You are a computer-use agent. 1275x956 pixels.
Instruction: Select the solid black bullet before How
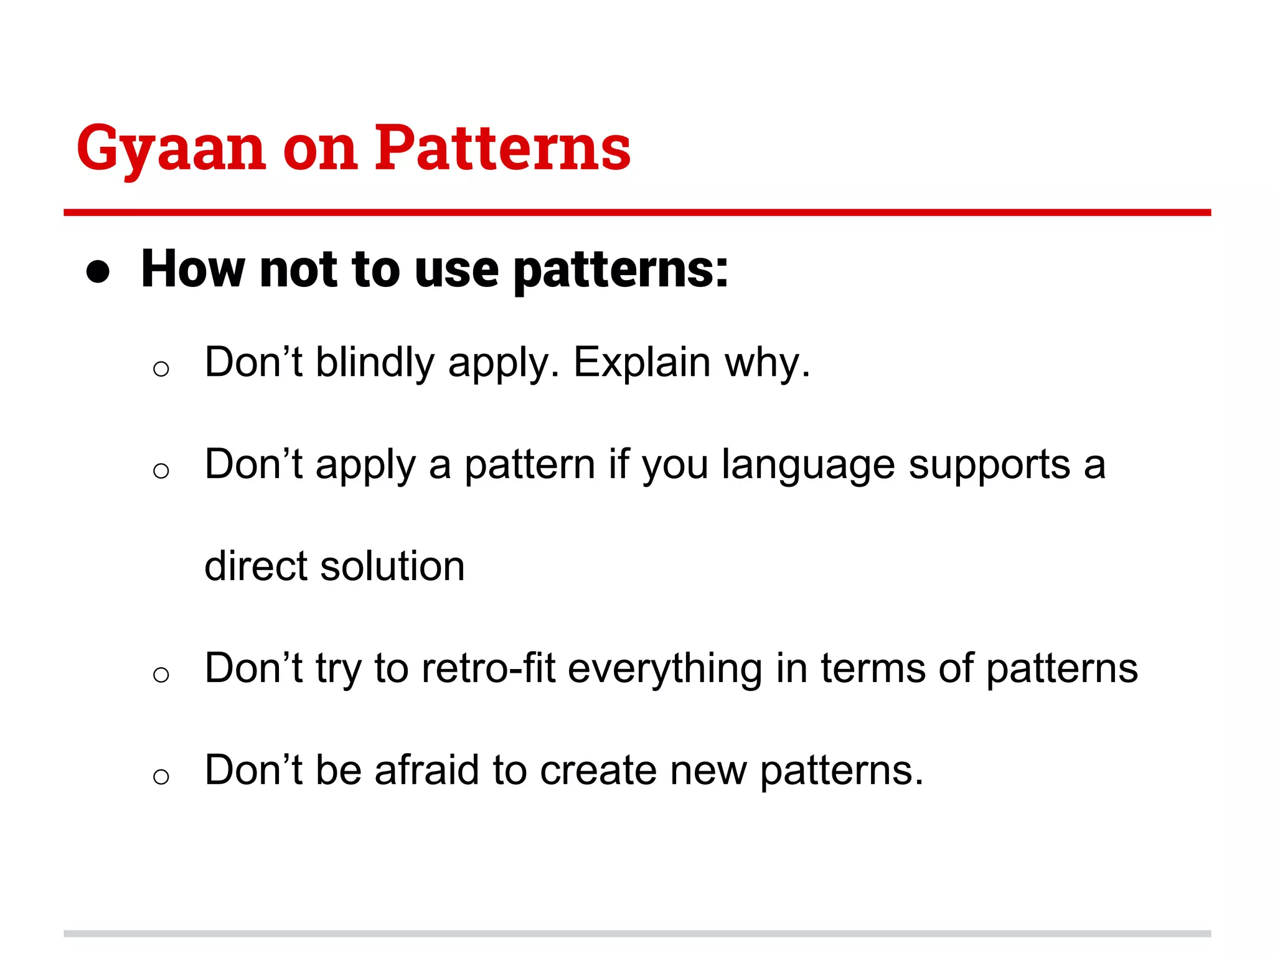click(x=98, y=272)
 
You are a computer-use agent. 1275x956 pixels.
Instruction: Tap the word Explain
click(x=641, y=363)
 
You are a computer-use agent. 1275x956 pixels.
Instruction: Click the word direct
click(x=256, y=566)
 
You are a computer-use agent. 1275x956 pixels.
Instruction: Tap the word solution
click(x=392, y=566)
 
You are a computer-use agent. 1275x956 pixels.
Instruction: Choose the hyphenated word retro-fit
click(x=488, y=668)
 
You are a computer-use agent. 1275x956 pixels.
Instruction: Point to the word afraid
click(x=426, y=771)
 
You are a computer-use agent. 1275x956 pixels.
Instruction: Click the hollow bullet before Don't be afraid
click(x=161, y=776)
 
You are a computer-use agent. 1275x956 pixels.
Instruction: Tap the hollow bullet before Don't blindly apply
click(x=161, y=369)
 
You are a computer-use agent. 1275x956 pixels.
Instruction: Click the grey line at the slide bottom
click(x=637, y=934)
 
